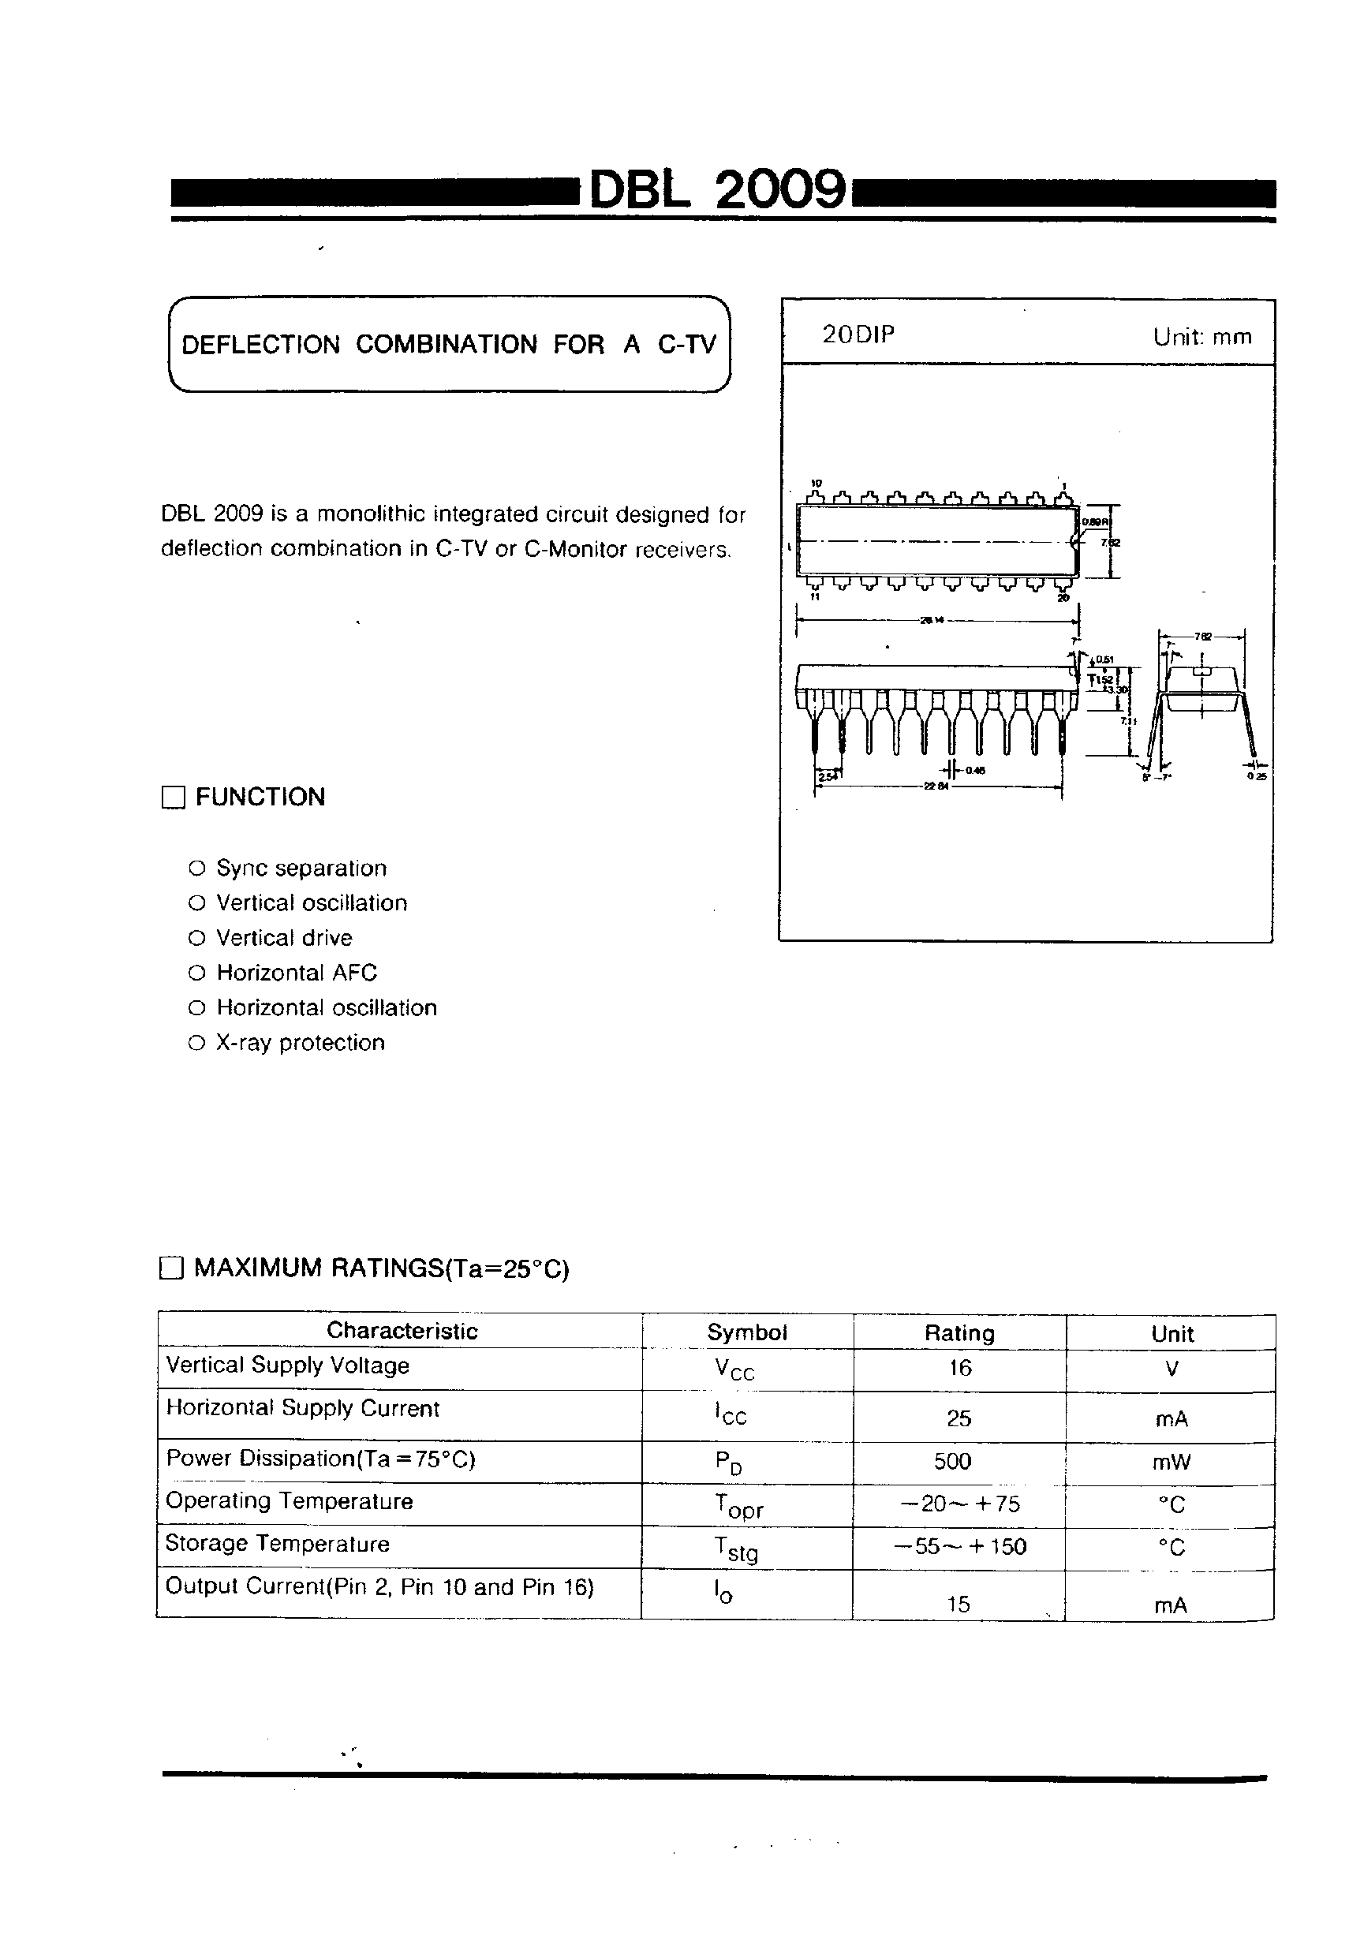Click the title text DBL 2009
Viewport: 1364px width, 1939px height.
[716, 190]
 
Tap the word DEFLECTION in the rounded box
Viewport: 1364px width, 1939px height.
[261, 345]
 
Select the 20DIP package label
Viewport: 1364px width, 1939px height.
[858, 335]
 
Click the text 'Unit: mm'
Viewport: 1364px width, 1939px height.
[1201, 337]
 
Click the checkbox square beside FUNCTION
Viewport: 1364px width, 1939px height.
[173, 798]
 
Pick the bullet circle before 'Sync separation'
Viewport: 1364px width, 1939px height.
[196, 869]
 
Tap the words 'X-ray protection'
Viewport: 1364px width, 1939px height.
[300, 1043]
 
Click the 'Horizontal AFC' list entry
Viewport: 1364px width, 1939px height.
[297, 973]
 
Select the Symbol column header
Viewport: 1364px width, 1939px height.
[746, 1332]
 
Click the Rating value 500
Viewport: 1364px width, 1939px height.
[953, 1461]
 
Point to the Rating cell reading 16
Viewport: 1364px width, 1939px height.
[959, 1367]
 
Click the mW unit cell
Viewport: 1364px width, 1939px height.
[1171, 1463]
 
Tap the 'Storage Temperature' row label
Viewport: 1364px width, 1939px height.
[277, 1544]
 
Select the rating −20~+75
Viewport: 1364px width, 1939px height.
[959, 1504]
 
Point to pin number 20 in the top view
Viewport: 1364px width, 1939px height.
[1063, 598]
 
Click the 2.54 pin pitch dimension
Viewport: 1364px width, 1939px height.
[824, 776]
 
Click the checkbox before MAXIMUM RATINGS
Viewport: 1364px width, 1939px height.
[171, 1268]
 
